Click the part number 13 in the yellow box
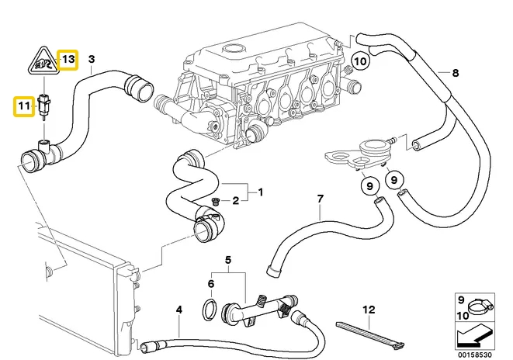click(69, 59)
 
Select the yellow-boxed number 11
click(23, 105)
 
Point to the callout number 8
click(456, 73)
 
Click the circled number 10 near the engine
click(359, 61)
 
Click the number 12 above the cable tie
click(368, 310)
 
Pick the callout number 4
click(179, 310)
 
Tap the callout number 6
click(211, 284)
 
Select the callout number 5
click(228, 260)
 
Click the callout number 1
click(261, 192)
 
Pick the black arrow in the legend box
click(473, 335)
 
